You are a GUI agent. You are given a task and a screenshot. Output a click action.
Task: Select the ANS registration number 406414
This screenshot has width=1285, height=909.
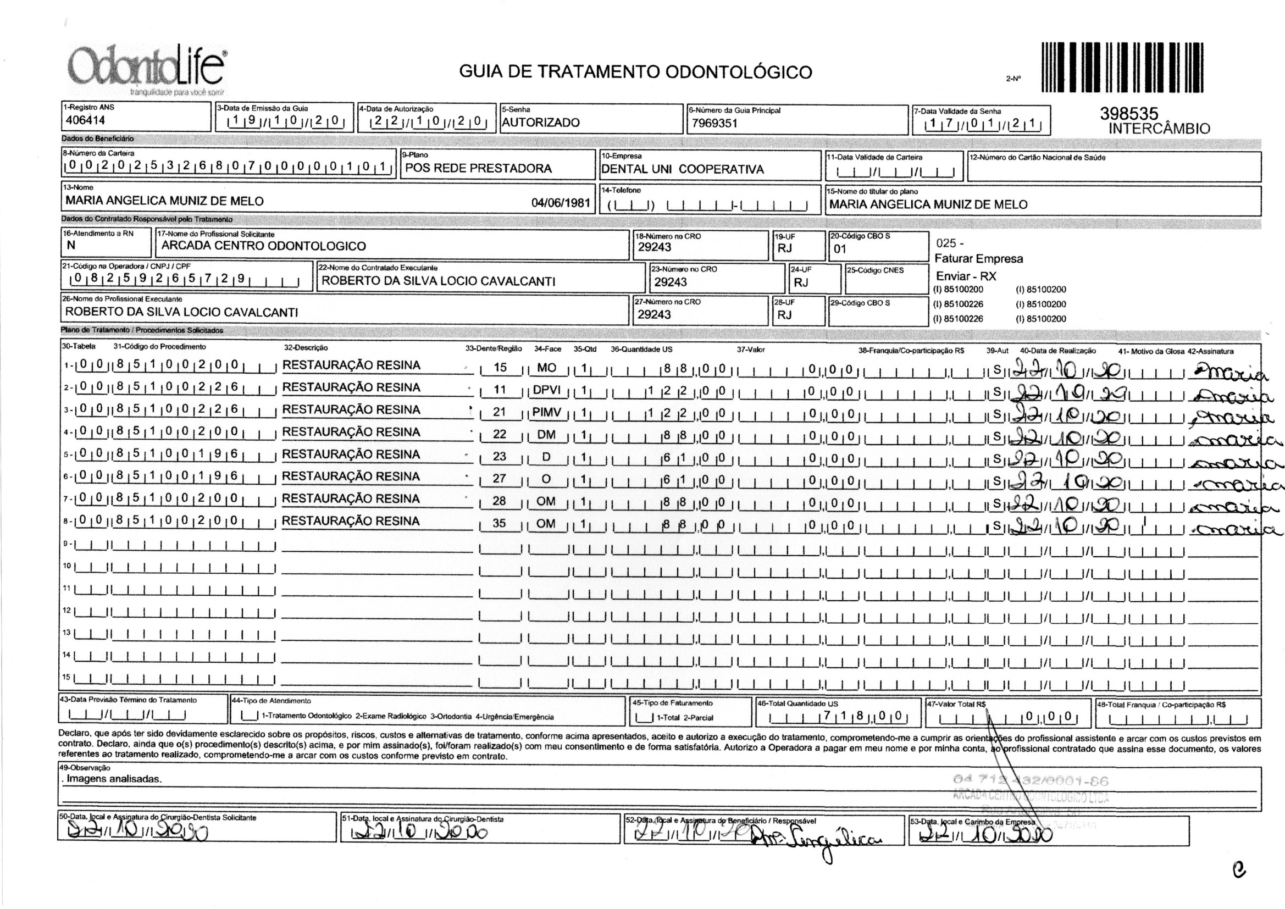(x=86, y=120)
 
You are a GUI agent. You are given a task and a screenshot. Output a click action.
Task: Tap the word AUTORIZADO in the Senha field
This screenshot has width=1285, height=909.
(x=541, y=123)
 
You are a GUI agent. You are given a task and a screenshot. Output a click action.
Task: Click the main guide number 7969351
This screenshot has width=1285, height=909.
(x=714, y=123)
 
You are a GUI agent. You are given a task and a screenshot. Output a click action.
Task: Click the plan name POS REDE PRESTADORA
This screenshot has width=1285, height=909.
(x=479, y=168)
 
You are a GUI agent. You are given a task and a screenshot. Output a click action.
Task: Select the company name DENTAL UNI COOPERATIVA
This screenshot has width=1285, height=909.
(x=682, y=169)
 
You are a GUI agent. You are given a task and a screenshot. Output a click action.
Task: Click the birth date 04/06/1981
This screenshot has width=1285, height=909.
(x=560, y=202)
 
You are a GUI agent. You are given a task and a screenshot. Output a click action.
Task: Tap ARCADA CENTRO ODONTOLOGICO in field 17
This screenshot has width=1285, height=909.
(x=264, y=246)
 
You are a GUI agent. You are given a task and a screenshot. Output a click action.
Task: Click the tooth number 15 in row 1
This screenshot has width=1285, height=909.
(x=500, y=368)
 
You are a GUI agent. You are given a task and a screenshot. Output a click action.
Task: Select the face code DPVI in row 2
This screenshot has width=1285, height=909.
(x=546, y=390)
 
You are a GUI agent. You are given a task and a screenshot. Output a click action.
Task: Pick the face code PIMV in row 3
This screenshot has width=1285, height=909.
(x=546, y=412)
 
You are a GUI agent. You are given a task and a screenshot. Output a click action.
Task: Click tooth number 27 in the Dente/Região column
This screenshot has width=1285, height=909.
(x=499, y=479)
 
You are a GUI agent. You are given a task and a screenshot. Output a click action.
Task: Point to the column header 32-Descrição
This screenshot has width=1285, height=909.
(x=306, y=347)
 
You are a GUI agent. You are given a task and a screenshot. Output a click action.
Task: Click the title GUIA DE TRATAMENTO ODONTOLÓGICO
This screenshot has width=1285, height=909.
(x=635, y=72)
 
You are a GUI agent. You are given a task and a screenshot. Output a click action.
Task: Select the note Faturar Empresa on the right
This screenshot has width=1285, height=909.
(x=978, y=259)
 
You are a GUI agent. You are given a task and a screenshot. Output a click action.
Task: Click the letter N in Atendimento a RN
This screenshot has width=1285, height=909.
(x=71, y=245)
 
